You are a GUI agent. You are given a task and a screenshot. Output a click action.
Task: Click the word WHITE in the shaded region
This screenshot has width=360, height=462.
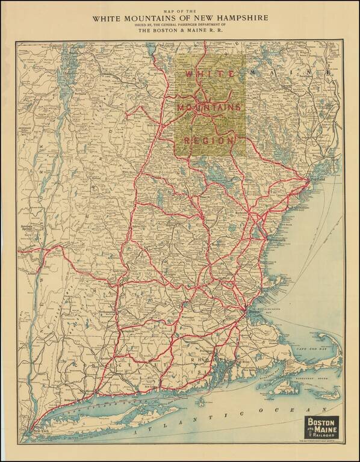click(x=200, y=73)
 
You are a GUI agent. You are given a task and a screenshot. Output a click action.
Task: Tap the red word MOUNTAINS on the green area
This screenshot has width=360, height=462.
click(x=208, y=107)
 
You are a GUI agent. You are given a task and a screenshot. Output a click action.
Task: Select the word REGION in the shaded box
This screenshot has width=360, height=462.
click(x=208, y=140)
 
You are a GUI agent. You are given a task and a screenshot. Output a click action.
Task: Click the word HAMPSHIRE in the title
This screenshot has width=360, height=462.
click(x=241, y=18)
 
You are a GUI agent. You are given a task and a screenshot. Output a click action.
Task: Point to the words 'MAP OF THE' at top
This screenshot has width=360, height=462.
click(x=180, y=11)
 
